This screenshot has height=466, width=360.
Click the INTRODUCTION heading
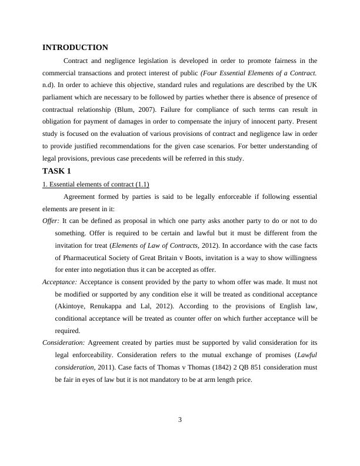[75, 48]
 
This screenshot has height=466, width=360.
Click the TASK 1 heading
[56, 171]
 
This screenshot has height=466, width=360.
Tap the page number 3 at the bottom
[180, 420]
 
